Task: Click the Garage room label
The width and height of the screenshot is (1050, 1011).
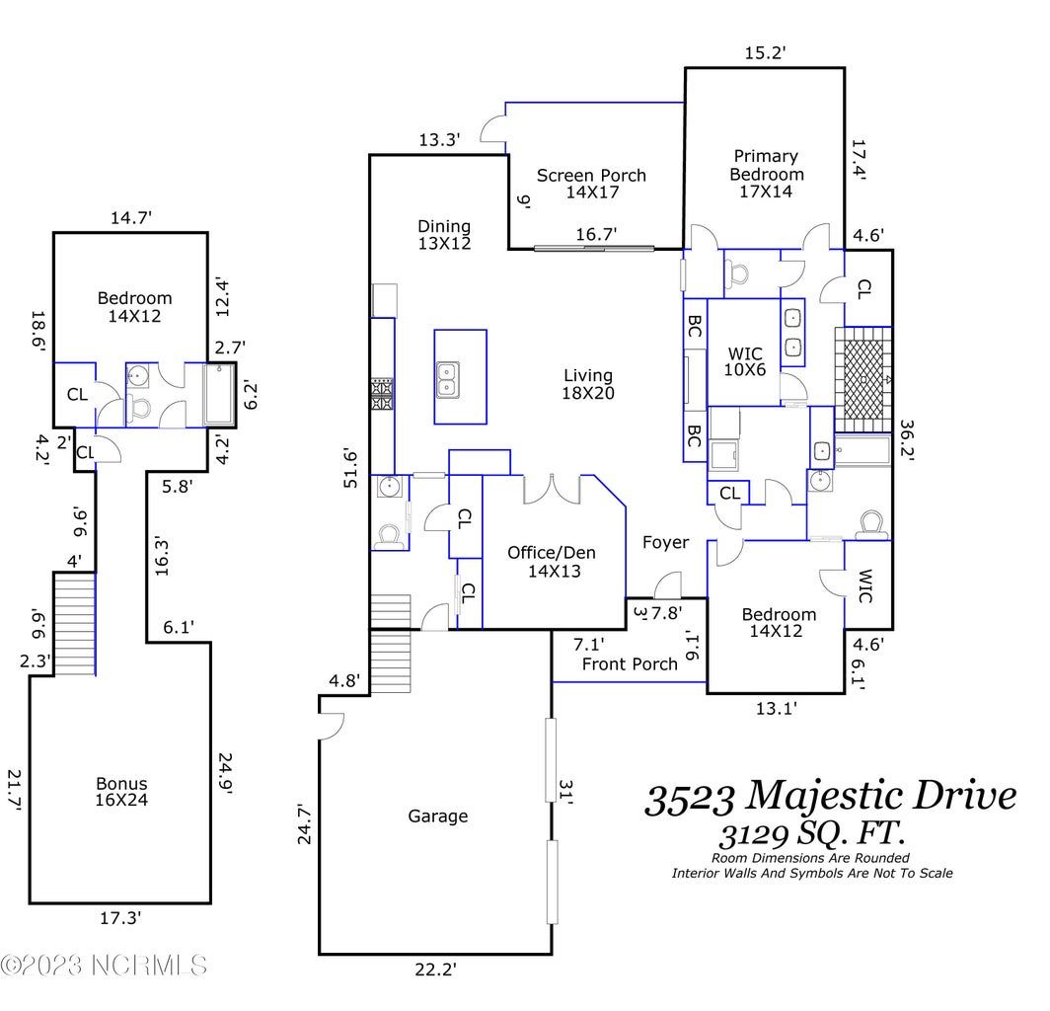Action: [438, 817]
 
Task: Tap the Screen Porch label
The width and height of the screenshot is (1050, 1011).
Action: [591, 176]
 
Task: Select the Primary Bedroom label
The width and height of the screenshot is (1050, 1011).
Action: [766, 165]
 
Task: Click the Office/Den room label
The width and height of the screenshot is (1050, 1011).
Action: [552, 553]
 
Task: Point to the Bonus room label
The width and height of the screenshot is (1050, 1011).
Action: [121, 783]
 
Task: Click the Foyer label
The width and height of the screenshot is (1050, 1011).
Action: [665, 543]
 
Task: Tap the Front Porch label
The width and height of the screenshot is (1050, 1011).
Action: [630, 663]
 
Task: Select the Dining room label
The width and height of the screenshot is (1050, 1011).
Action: [444, 226]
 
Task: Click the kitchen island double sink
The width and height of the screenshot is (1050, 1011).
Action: [447, 380]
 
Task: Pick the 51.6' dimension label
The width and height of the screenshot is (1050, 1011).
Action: [351, 468]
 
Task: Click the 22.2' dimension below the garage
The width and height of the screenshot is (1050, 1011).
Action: [436, 970]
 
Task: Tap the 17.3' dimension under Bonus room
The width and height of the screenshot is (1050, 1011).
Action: [120, 918]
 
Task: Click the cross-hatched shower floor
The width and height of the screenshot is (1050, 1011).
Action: [863, 380]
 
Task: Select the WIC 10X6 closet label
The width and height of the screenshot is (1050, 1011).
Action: [745, 361]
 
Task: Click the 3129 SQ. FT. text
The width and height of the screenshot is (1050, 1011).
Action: [812, 834]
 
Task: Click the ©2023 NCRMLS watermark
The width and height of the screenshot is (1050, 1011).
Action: [104, 966]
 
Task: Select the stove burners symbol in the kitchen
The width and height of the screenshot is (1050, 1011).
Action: [382, 394]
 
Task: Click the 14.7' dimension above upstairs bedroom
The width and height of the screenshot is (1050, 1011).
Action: [131, 218]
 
